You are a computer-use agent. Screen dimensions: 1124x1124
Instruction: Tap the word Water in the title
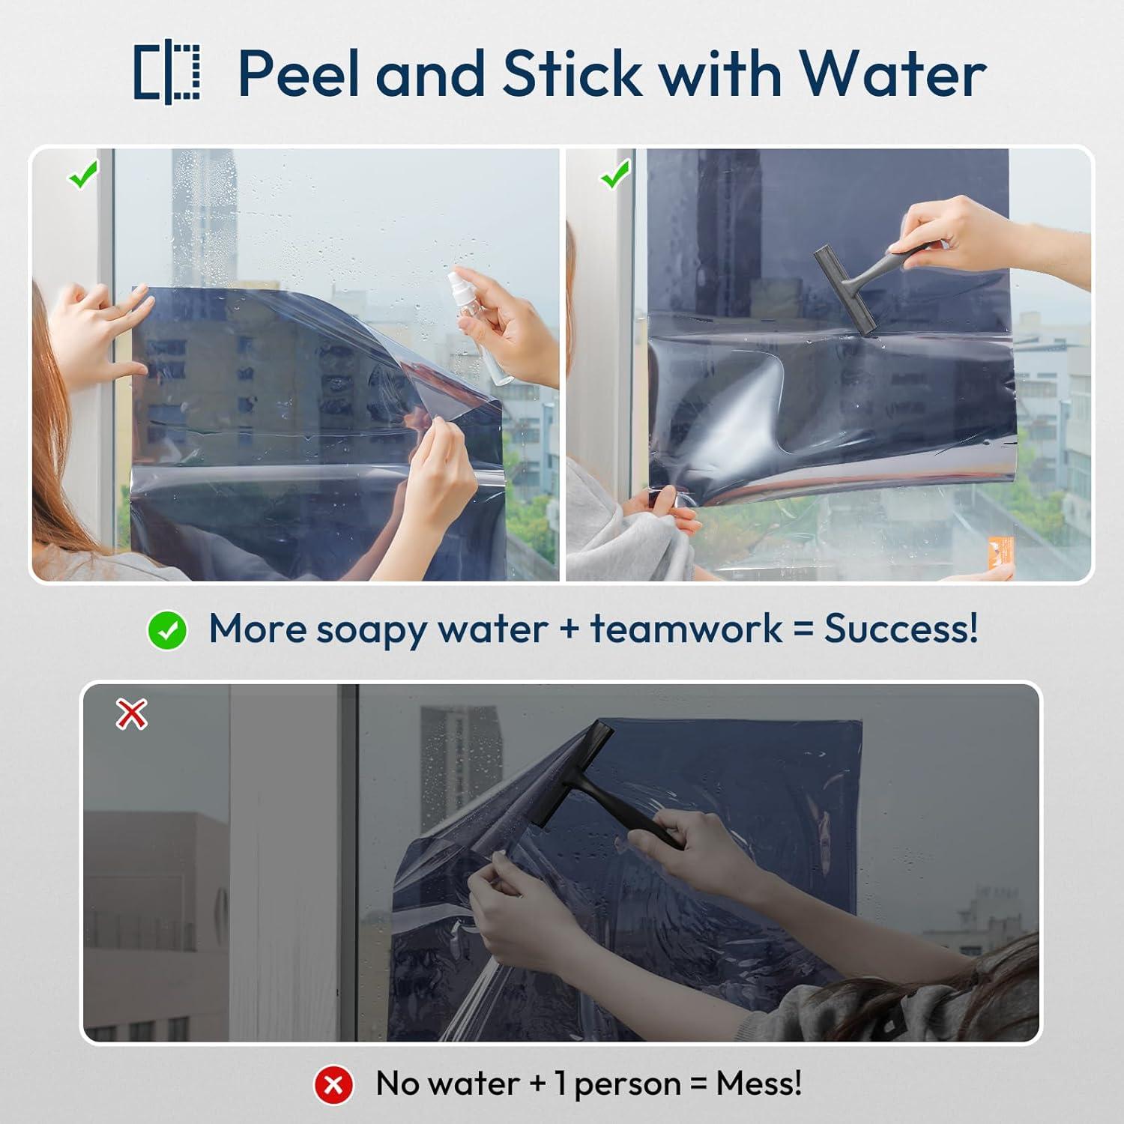[892, 73]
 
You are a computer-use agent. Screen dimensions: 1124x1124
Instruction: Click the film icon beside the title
[167, 72]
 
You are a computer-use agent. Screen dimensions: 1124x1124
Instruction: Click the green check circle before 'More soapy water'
[167, 630]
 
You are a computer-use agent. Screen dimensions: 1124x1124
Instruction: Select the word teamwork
[686, 628]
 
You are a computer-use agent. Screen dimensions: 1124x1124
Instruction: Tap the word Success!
[901, 628]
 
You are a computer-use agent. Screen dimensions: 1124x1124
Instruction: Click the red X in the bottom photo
[132, 715]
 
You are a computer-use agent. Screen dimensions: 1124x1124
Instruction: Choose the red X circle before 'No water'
[333, 1084]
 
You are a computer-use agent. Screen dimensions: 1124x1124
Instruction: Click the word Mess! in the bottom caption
[759, 1083]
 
